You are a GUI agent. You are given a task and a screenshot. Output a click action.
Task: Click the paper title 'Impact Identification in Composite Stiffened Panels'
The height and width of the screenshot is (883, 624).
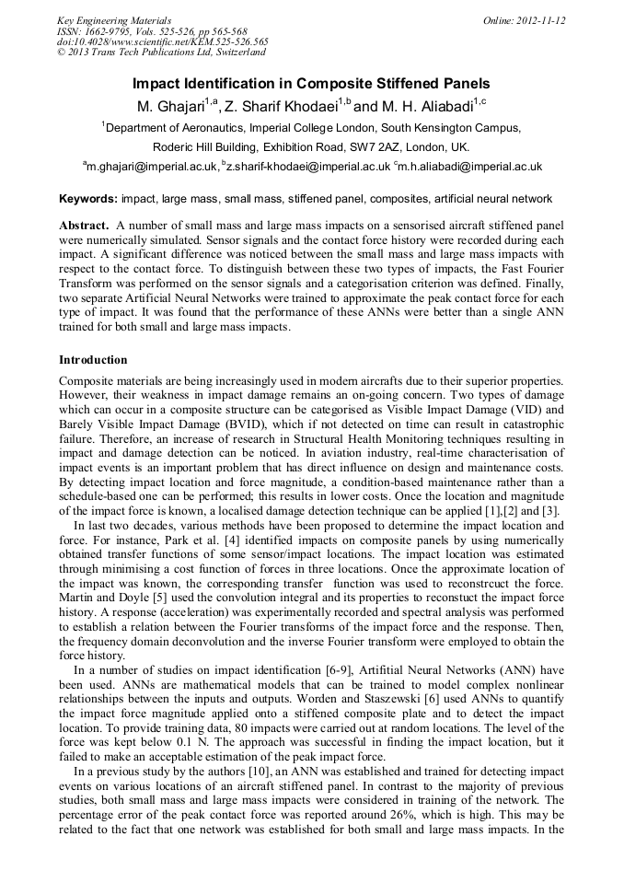click(x=311, y=83)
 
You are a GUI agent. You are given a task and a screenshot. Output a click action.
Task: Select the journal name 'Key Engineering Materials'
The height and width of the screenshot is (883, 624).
click(x=114, y=20)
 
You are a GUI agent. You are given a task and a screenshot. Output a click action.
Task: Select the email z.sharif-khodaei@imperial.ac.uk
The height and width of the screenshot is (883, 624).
click(x=310, y=167)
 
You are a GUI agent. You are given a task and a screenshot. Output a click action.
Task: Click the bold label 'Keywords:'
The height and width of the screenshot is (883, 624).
click(x=88, y=198)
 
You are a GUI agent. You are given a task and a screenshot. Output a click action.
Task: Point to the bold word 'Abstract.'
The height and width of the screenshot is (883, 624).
click(x=85, y=226)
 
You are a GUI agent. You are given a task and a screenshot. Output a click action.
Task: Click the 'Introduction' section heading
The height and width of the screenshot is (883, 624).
click(x=93, y=359)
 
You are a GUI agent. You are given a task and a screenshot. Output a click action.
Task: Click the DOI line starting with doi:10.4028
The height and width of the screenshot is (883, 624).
click(x=163, y=41)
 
